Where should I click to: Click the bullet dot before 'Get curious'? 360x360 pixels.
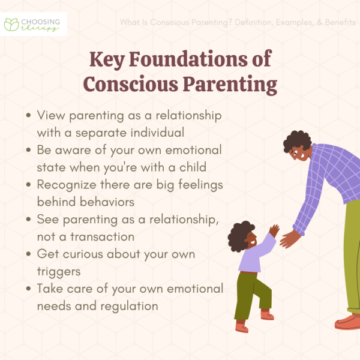[x=29, y=254]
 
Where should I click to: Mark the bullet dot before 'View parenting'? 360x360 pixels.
[x=29, y=115]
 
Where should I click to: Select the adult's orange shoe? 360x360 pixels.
[x=348, y=322]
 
